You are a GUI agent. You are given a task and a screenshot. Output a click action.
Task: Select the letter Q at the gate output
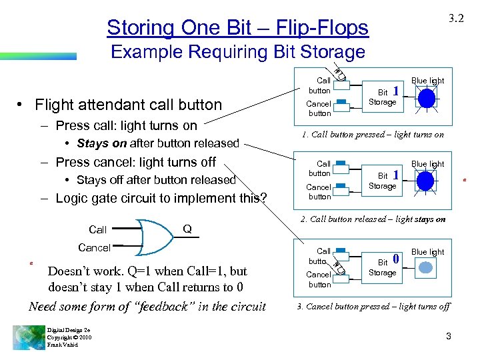(x=187, y=229)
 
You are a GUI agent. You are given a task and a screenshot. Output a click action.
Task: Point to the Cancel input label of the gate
(x=94, y=247)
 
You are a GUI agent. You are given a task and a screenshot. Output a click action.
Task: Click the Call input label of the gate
(x=97, y=229)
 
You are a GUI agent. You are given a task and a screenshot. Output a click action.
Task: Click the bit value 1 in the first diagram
(x=396, y=91)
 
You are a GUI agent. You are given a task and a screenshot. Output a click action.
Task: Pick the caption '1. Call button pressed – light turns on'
(x=373, y=134)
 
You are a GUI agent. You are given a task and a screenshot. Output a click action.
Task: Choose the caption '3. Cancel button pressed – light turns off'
(x=373, y=306)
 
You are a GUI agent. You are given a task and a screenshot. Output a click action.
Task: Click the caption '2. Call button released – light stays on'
(x=373, y=219)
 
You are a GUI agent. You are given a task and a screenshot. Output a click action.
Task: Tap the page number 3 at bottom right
(x=449, y=336)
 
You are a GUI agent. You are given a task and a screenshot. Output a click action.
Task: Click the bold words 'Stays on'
(x=102, y=143)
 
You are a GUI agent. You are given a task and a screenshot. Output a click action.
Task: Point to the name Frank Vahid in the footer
(x=62, y=345)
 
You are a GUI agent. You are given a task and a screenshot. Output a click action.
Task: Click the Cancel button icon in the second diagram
(x=341, y=188)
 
